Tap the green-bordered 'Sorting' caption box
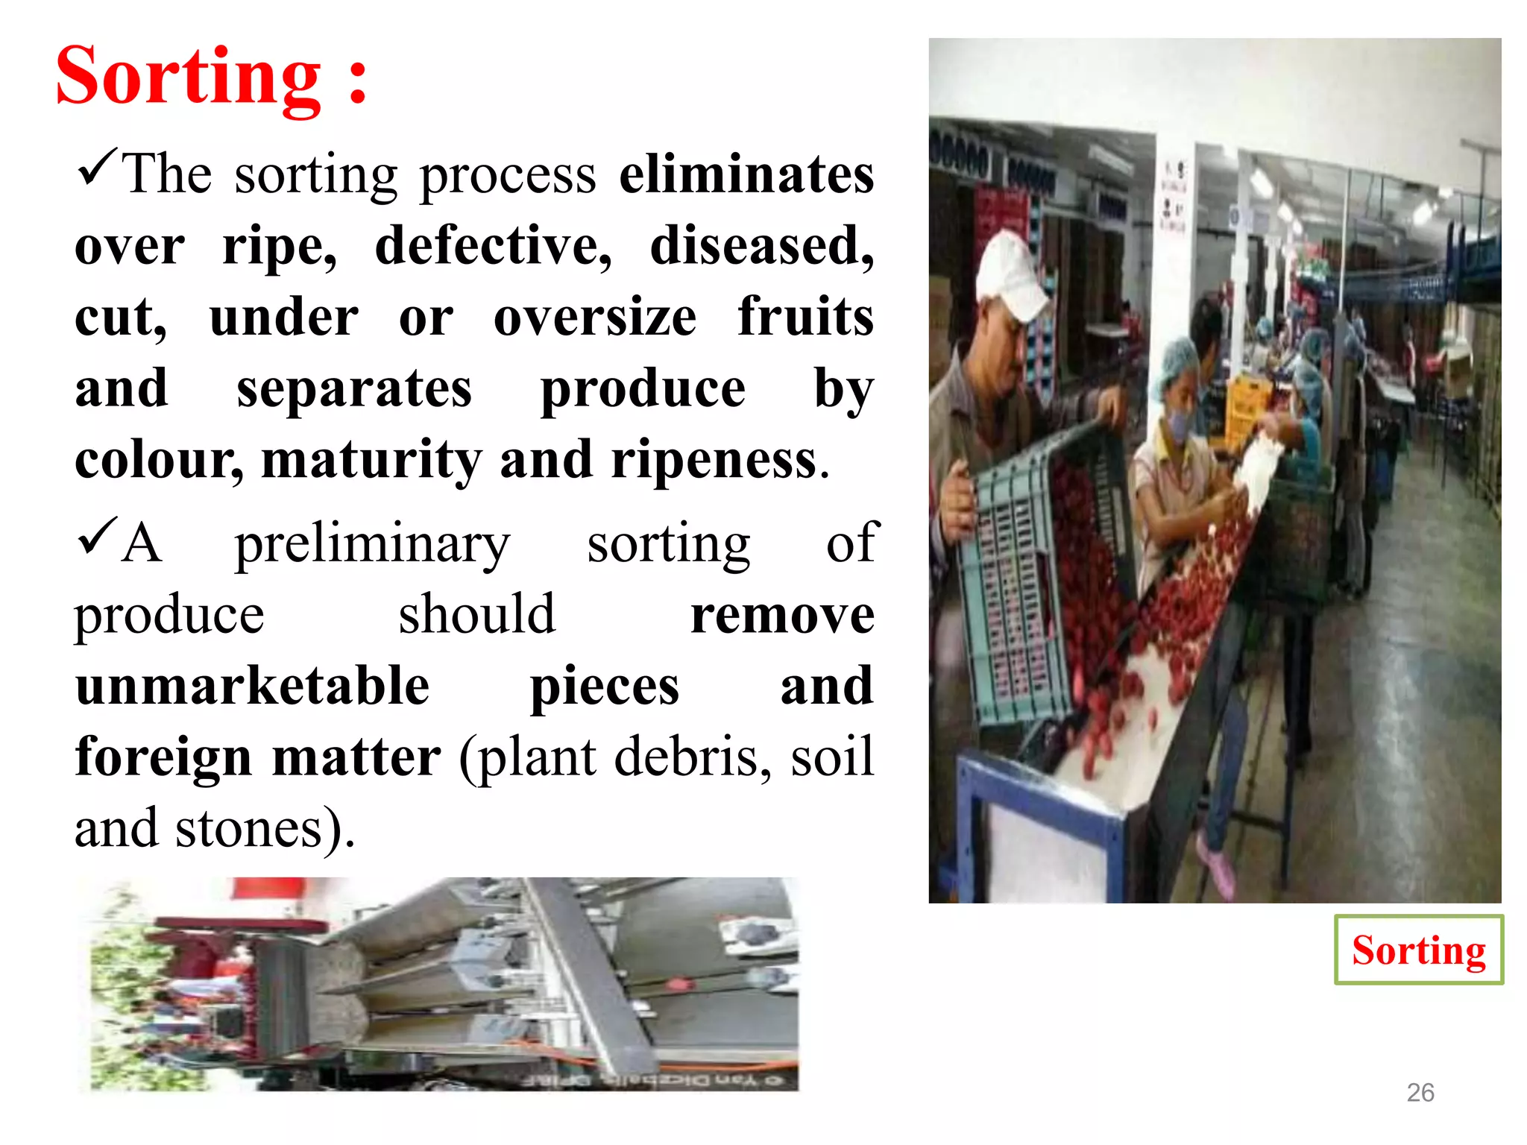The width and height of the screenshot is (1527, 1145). tap(1418, 950)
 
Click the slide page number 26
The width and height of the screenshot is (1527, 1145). tap(1420, 1092)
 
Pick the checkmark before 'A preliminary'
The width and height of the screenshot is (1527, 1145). tap(96, 536)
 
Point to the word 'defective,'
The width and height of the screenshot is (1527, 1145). tap(493, 245)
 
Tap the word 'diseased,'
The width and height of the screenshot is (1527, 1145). tap(761, 245)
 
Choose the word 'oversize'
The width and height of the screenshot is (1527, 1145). tap(595, 317)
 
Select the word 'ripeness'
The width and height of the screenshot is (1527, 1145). tap(714, 460)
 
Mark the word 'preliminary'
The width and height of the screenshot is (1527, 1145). tap(372, 544)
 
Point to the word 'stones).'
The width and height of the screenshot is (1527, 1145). tap(265, 828)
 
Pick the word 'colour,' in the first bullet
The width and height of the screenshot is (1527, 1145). tap(159, 460)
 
